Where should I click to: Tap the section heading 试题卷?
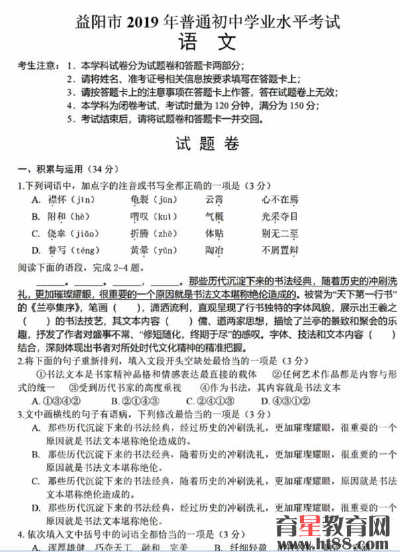[208, 143]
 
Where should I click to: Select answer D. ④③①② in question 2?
[285, 401]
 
